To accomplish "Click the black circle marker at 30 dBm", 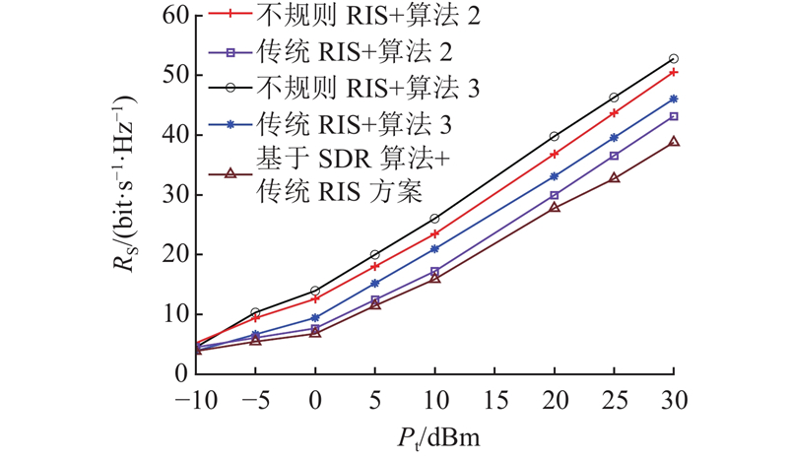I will (x=674, y=59).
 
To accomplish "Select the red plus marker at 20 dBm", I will (x=555, y=154).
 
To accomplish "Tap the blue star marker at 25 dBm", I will (x=614, y=138).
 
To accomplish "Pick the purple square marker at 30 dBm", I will (x=674, y=116).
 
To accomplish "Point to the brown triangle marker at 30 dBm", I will (x=674, y=142).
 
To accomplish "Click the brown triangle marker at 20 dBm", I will (x=555, y=207).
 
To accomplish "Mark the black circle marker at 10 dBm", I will (x=434, y=218).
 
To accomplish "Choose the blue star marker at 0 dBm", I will (x=315, y=318).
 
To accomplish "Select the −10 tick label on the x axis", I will (x=194, y=401).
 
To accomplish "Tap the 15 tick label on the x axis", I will (x=494, y=401).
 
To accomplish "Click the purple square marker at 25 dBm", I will (x=614, y=156).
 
